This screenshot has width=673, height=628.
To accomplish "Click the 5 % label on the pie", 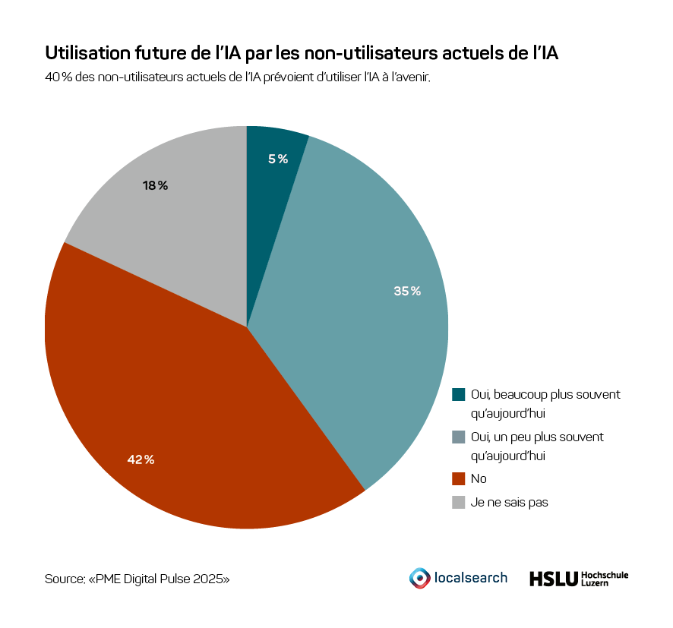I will click(278, 159).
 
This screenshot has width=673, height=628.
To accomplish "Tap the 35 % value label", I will click(407, 291).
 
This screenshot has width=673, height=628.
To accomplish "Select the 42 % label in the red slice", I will click(141, 459).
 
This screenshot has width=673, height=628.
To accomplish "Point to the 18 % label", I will click(155, 185).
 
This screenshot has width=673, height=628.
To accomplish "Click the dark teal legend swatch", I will click(458, 394).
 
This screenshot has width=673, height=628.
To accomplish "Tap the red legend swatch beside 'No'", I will click(458, 478).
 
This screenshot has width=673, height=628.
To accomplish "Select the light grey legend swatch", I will click(458, 502).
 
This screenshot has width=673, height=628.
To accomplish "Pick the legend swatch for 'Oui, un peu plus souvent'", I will click(458, 437).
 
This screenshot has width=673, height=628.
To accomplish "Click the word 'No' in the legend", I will click(479, 478).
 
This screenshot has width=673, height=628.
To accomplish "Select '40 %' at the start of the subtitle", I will click(58, 77).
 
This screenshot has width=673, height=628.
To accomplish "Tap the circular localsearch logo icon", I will click(419, 578).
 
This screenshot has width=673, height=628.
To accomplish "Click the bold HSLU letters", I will click(552, 579).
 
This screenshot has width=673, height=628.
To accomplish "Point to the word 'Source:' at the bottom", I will click(65, 579).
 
